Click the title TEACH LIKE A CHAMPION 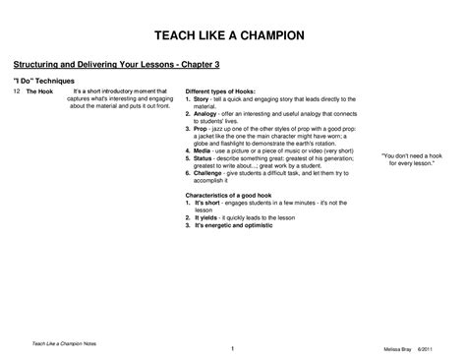(233, 35)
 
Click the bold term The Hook (39, 90)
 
